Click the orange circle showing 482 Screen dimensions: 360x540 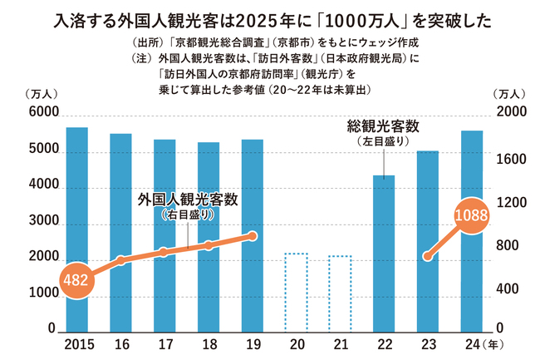tap(77, 280)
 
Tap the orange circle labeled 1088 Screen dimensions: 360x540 tap(472, 215)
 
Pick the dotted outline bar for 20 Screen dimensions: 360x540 tap(297, 292)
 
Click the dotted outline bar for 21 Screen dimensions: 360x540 tap(341, 293)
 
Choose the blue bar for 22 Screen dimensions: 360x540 tap(384, 253)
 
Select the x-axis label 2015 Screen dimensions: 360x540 tap(77, 343)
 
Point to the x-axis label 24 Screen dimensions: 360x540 tap(471, 343)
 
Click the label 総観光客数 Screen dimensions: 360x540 tap(383, 127)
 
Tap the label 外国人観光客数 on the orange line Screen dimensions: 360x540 tap(189, 199)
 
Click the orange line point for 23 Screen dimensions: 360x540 tap(428, 256)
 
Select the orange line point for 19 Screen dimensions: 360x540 tap(253, 236)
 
